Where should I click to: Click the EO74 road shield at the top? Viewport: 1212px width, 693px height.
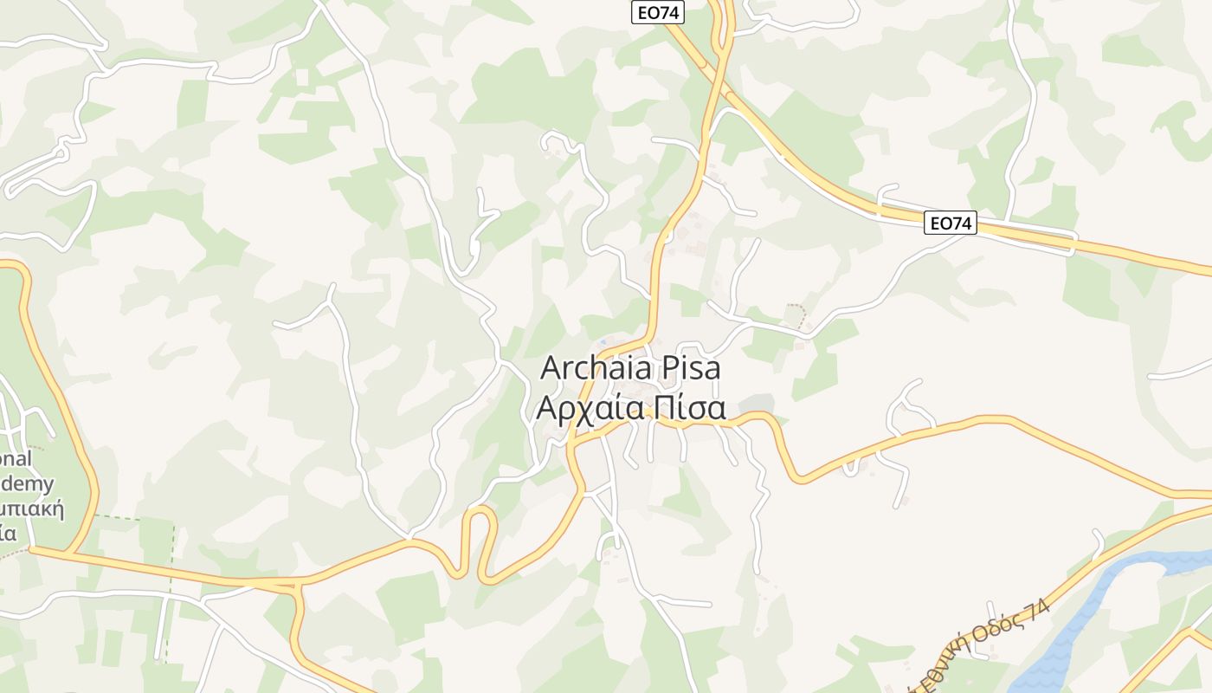click(x=658, y=12)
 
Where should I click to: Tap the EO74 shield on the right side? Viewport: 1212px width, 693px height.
click(x=951, y=223)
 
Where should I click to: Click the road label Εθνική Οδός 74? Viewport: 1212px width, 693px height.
click(x=978, y=646)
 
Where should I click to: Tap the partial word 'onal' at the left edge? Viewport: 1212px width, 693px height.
click(x=16, y=459)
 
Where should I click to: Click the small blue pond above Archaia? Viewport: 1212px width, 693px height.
click(x=602, y=342)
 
